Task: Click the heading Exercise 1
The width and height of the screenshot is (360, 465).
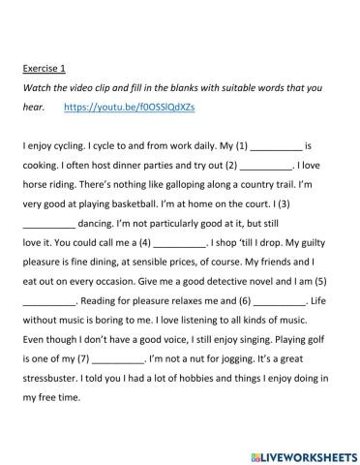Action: click(44, 69)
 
